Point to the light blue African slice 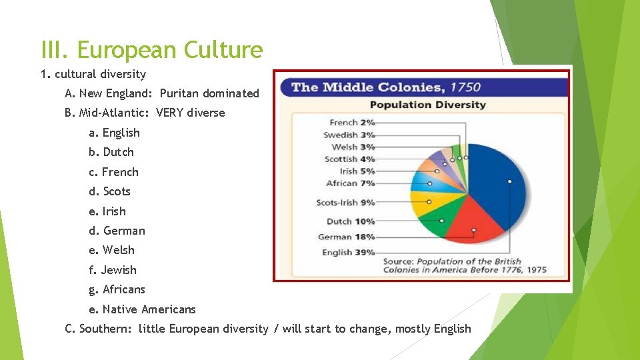tap(423, 181)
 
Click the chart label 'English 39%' tap(348, 253)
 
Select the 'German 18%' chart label tap(346, 237)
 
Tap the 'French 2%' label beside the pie tap(352, 123)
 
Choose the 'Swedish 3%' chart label tap(349, 135)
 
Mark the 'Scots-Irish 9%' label tap(345, 203)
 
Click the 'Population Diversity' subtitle tap(427, 105)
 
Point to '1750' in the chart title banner tap(465, 87)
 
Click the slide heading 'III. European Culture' tap(152, 50)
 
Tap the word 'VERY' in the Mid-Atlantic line tap(170, 113)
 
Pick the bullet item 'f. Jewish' tap(112, 270)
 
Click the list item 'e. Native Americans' tap(142, 309)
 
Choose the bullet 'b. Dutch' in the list tap(111, 152)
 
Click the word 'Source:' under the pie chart tap(398, 261)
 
